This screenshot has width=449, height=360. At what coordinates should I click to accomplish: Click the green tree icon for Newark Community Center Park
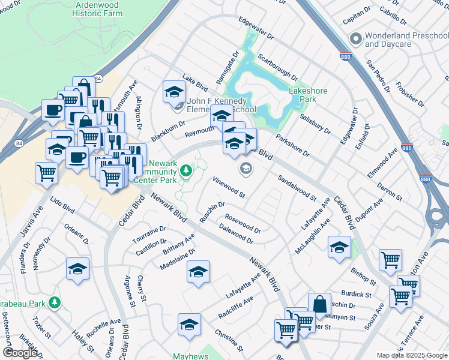(x=187, y=172)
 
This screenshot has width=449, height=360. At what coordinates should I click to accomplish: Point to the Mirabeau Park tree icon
(x=55, y=301)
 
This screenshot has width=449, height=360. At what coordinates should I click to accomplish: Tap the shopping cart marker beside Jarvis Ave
(x=46, y=173)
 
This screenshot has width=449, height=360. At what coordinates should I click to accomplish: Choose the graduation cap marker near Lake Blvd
(x=174, y=92)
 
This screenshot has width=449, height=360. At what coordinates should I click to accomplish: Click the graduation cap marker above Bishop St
(x=339, y=247)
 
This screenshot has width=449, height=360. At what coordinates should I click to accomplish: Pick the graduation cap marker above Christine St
(x=189, y=325)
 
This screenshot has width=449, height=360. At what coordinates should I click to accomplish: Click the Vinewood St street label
(x=229, y=187)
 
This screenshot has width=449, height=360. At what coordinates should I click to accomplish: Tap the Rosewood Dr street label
(x=243, y=224)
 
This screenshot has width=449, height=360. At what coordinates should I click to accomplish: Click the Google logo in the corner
(x=20, y=353)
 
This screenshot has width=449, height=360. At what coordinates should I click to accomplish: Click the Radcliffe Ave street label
(x=236, y=307)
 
